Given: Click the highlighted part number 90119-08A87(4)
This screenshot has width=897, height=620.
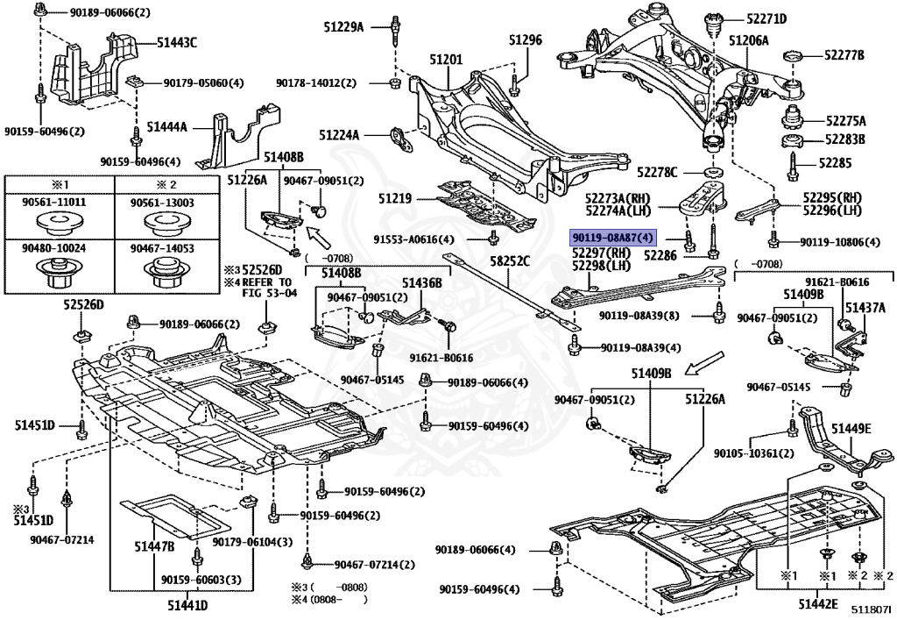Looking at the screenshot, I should click(x=612, y=238).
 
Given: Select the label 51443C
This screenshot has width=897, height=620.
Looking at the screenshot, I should click(x=177, y=42).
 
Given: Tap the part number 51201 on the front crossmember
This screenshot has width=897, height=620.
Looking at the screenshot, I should click(x=445, y=59).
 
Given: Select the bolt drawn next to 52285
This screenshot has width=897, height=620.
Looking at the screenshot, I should click(x=792, y=164).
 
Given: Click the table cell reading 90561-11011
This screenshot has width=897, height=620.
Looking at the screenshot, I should click(x=59, y=203).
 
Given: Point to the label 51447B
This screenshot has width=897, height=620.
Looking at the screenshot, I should click(x=154, y=547).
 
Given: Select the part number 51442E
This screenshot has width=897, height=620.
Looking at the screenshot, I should click(x=818, y=604).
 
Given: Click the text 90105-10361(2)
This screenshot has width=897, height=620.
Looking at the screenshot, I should click(x=753, y=453).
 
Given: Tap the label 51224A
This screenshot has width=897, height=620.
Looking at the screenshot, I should click(x=340, y=136).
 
